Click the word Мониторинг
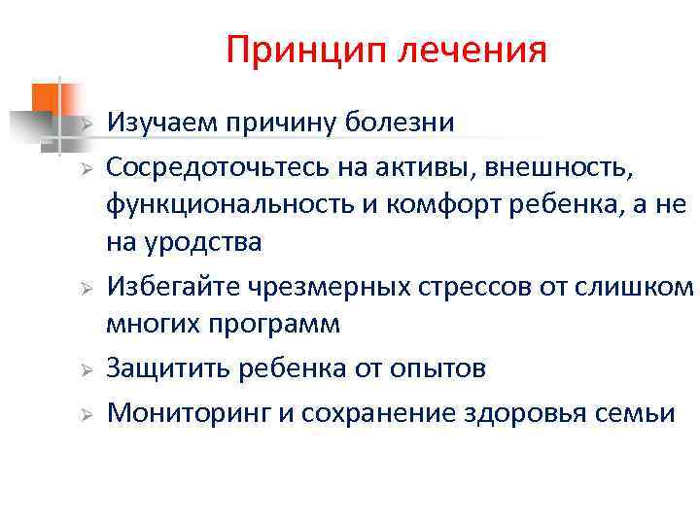[x=189, y=412]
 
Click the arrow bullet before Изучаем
[x=86, y=124]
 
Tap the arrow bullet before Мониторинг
[x=86, y=414]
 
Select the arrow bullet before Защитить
[x=86, y=370]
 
